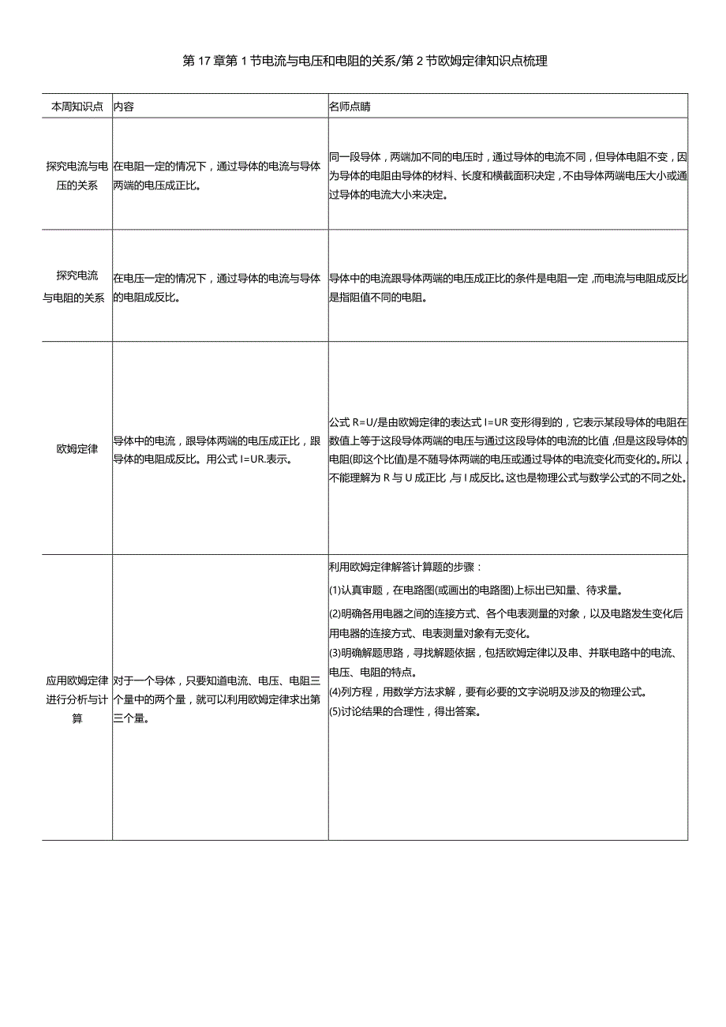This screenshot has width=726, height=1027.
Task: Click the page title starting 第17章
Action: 365,61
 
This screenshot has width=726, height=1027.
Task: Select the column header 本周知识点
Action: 77,107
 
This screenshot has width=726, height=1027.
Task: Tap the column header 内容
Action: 124,107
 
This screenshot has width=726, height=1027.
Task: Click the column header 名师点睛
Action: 350,107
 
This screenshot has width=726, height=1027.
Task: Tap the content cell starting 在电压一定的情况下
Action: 217,287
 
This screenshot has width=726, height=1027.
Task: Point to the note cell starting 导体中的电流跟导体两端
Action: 507,287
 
